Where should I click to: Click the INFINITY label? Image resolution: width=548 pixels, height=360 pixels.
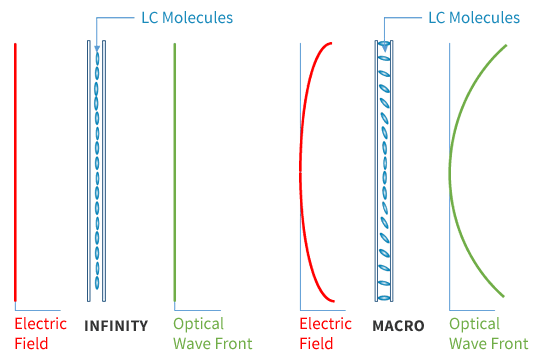coord(116,325)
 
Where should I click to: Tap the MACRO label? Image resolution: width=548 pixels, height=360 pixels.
coord(398,325)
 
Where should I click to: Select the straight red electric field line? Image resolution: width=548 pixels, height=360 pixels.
coord(15,170)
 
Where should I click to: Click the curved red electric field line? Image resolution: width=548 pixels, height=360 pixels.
coord(301,170)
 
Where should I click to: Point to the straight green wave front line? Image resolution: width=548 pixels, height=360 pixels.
coord(175,170)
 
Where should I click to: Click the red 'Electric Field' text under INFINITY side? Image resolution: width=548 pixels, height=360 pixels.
coord(41,334)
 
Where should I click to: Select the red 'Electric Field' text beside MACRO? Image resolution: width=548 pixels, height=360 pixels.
coord(326,334)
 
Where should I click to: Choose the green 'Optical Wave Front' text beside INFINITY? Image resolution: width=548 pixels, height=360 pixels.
coord(212,334)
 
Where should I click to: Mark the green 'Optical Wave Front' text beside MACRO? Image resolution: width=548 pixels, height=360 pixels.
coord(488,334)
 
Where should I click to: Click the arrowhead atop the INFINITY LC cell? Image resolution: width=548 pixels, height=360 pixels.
coord(97,47)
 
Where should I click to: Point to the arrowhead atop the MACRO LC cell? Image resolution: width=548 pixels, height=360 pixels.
coord(384,45)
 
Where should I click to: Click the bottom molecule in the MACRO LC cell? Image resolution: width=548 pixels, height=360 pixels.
coord(384,291)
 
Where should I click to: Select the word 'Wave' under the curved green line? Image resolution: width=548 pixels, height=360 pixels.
coord(467,344)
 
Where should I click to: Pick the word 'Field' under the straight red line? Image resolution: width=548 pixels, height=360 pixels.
coord(31,344)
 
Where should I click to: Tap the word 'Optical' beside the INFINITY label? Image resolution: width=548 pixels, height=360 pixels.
coord(199,325)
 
